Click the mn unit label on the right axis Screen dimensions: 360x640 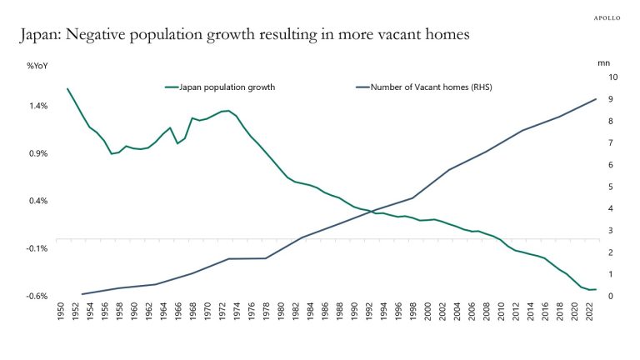(604, 63)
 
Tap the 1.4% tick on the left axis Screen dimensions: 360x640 (37, 106)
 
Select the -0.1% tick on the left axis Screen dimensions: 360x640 (37, 248)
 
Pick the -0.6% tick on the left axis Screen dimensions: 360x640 (37, 296)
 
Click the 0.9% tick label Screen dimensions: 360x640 (37, 153)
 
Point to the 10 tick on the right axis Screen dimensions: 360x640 (612, 77)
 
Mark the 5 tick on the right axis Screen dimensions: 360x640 (610, 187)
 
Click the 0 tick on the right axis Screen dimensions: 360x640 (610, 296)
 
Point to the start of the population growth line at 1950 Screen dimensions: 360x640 (67, 88)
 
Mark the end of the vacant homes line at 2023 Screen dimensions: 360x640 (596, 99)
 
